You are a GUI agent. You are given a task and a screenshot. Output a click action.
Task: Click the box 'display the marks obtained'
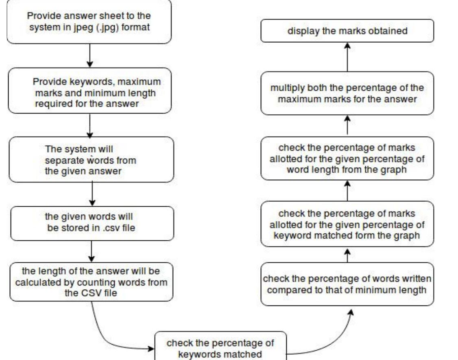347,31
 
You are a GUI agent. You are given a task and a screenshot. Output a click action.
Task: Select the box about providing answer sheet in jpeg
89,22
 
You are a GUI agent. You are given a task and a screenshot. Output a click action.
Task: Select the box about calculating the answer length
91,282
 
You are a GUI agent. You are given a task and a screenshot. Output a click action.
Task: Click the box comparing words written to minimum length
347,285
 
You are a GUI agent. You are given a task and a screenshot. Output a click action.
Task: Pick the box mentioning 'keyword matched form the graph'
347,224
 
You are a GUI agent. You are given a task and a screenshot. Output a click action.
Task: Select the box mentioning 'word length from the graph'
347,159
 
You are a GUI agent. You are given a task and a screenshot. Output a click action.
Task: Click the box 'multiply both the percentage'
347,93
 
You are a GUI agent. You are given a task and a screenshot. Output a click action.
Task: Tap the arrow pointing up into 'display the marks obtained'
347,57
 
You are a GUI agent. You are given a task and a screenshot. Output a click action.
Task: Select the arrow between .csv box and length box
92,251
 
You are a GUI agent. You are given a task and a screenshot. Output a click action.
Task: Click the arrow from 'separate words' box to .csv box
92,194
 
